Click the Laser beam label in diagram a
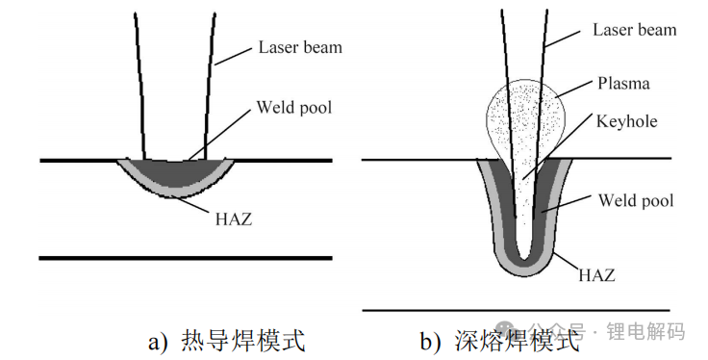299,47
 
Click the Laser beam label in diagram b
634,30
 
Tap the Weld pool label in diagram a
293,107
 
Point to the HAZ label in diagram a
233,219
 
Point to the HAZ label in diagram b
596,274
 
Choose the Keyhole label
628,122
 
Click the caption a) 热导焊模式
226,340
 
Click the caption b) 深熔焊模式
500,340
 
